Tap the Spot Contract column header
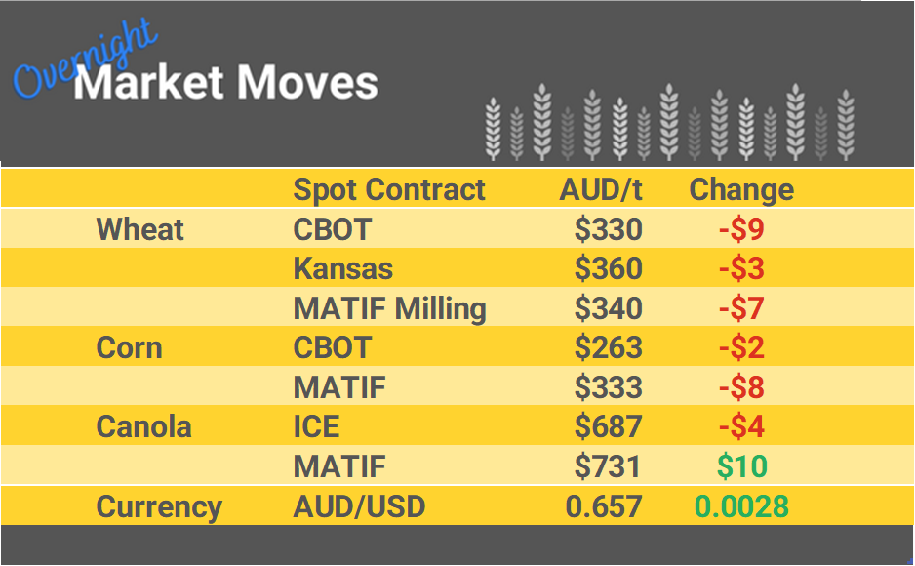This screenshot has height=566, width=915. pos(389,189)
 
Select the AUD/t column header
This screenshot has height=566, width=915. pos(601,189)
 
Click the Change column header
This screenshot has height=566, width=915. pos(741,189)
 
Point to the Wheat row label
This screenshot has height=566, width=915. pos(140,229)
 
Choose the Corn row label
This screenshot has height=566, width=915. pos(129,348)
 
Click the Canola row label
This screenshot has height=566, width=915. pos(144,427)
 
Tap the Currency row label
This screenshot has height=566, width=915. pos(159,507)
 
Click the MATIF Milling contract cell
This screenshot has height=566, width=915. pos(389,308)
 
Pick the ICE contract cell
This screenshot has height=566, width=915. pos(318,427)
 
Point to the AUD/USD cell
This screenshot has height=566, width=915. pos(359,507)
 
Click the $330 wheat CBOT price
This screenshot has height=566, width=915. pos(608,229)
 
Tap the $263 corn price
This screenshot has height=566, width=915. pos(608,348)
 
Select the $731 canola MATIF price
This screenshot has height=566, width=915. pos(608,467)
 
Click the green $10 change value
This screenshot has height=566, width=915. pos(741,467)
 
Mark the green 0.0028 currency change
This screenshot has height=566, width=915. pos(741,507)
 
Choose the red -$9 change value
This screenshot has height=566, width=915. pos(741,229)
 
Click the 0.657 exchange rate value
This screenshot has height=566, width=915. pos(604,507)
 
